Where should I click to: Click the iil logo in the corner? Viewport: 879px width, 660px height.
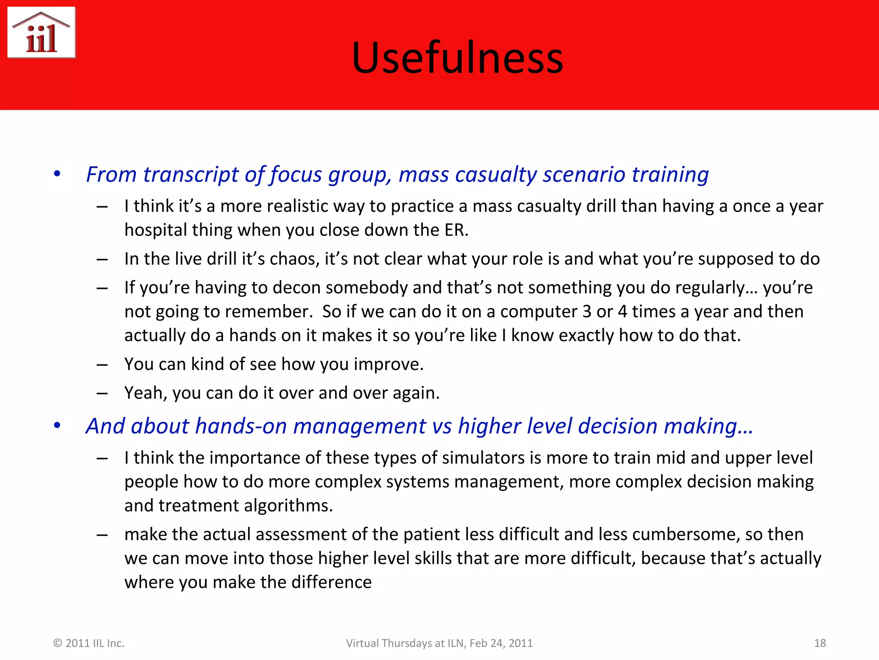pos(42,33)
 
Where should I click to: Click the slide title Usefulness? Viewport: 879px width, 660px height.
pos(457,58)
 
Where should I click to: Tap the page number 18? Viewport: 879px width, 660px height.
pos(820,643)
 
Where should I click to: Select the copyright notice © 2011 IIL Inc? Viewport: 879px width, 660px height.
pos(89,643)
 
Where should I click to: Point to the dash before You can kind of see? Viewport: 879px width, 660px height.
pos(102,365)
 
